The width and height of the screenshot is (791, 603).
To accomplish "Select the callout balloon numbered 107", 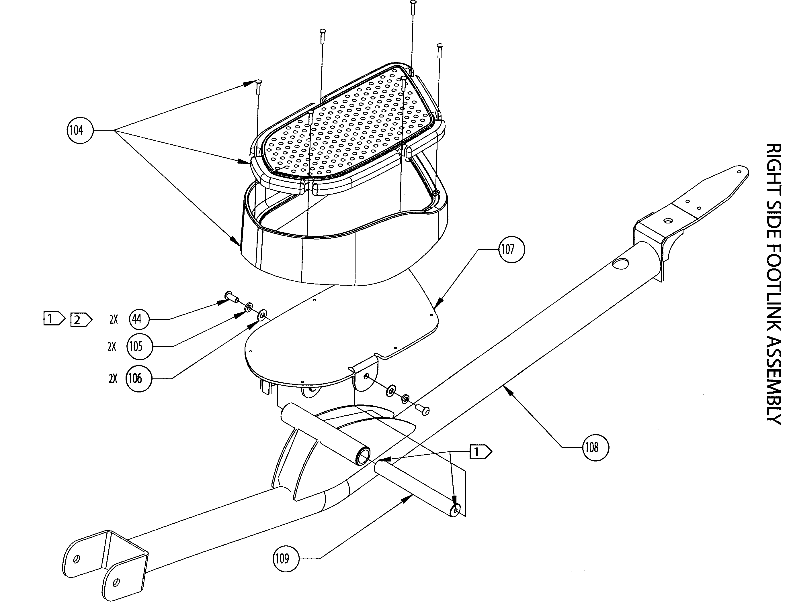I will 511,249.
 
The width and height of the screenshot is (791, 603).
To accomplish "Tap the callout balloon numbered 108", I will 595,447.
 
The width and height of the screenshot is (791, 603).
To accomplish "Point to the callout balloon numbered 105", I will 140,346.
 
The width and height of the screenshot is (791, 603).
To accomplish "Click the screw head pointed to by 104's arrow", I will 259,81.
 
